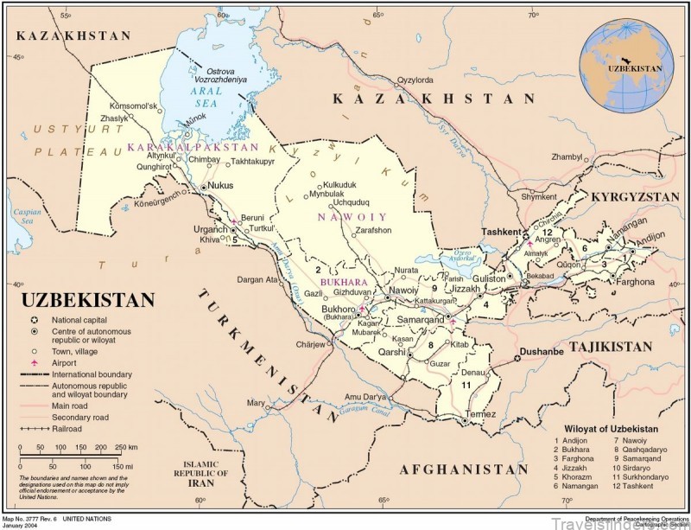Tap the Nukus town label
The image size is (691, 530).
coord(223,186)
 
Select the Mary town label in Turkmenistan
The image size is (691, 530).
coord(256,403)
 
